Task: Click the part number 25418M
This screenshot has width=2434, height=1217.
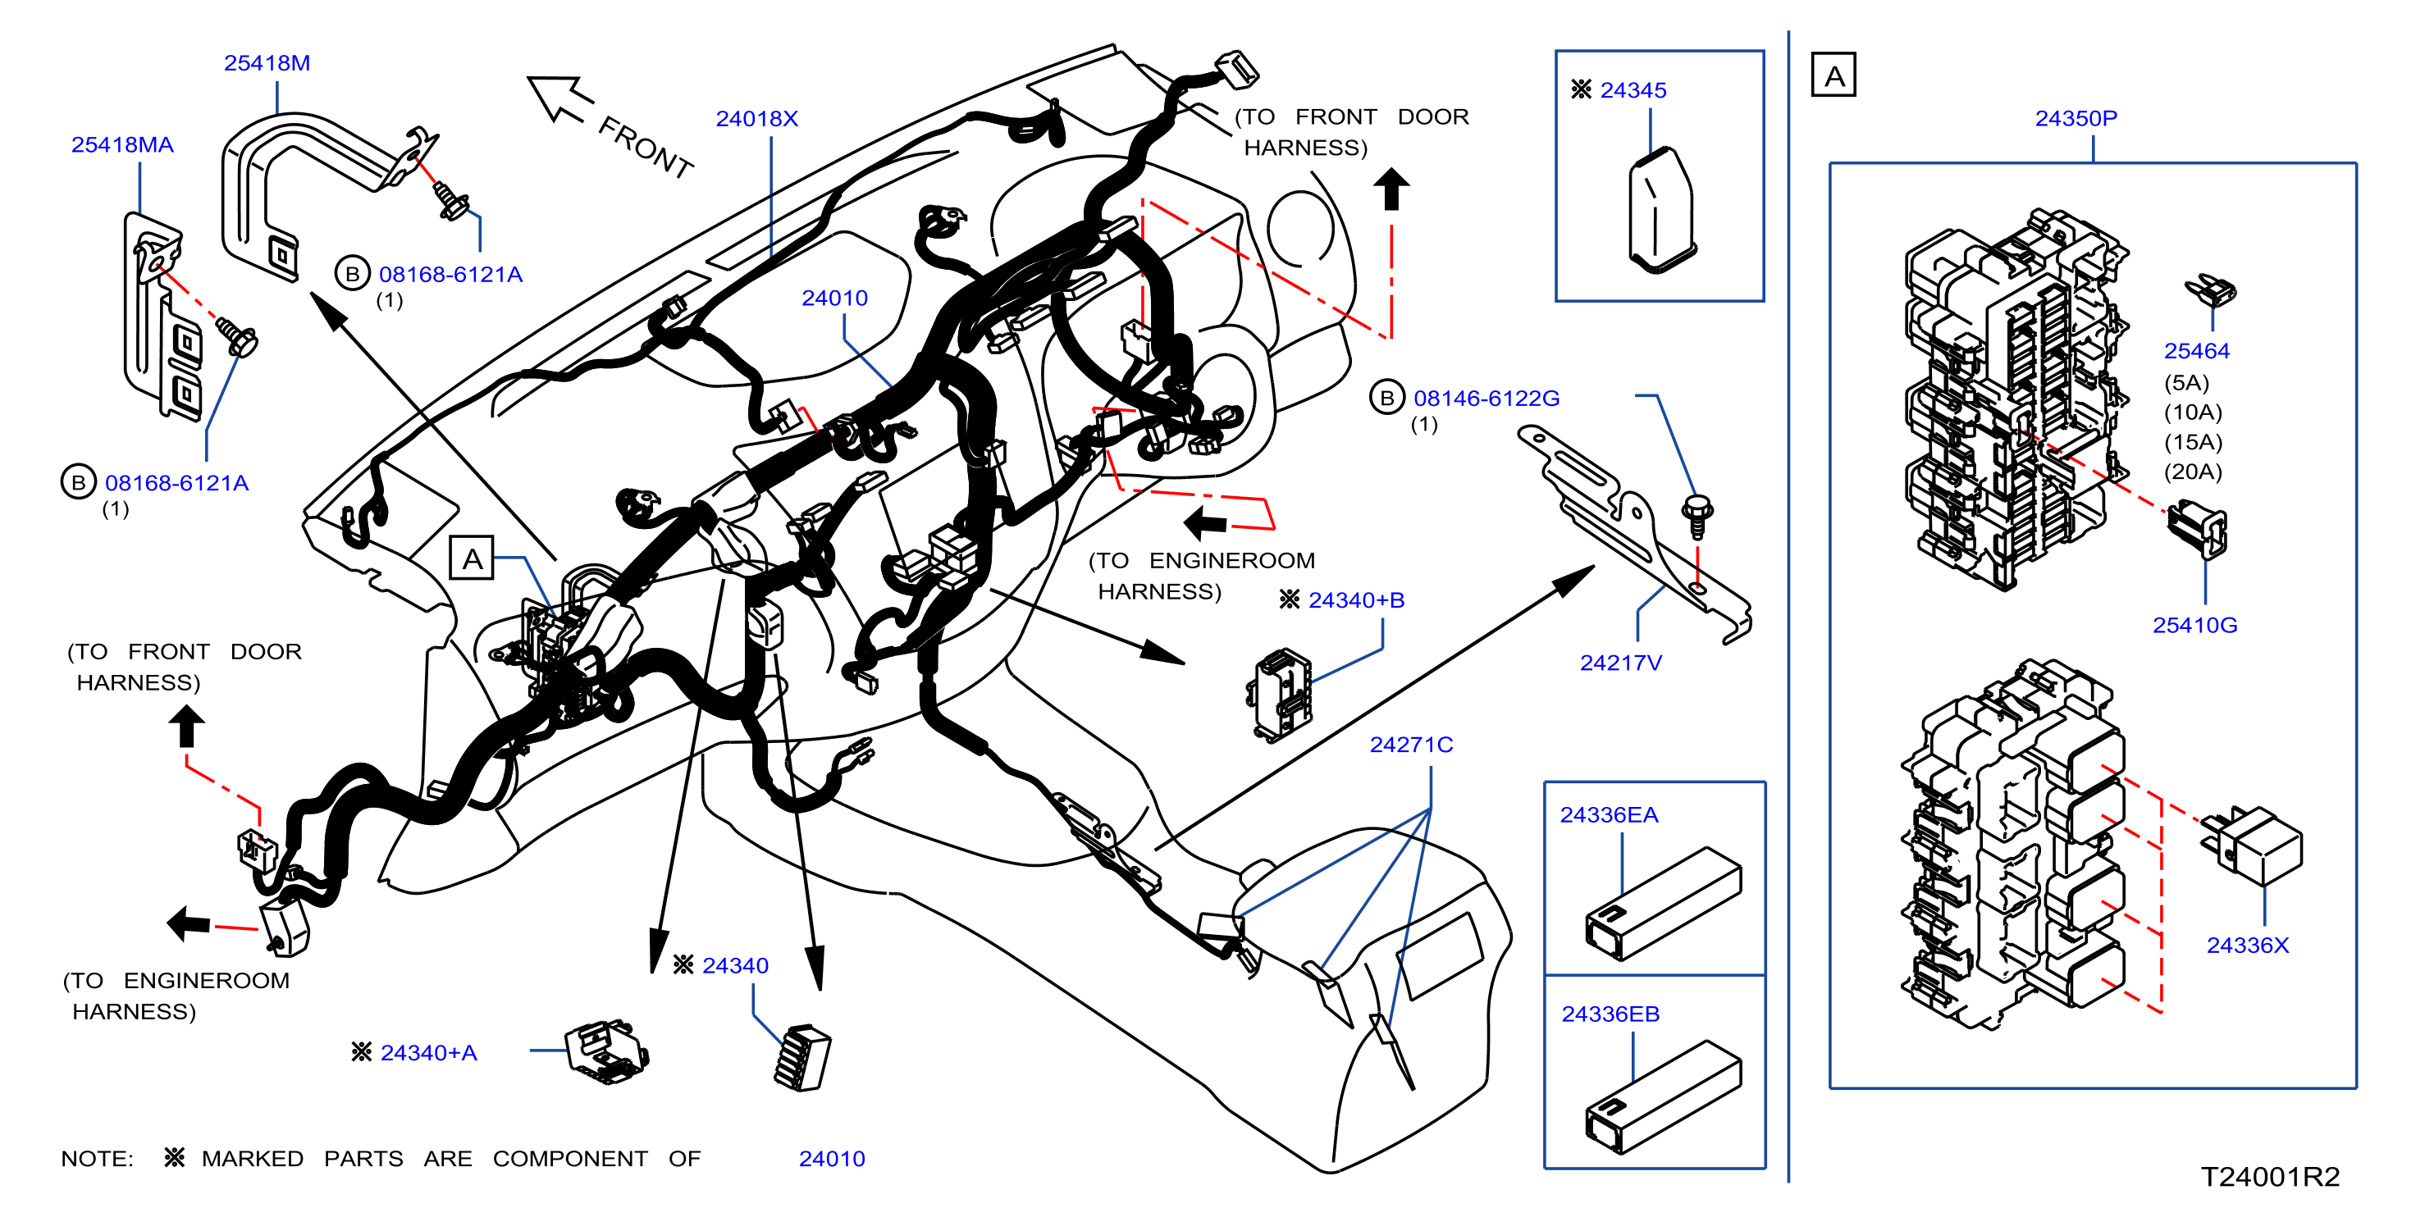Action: (267, 63)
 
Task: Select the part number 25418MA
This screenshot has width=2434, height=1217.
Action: (122, 144)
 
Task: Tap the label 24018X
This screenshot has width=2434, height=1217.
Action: (757, 119)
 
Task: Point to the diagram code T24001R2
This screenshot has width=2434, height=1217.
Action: (2270, 1176)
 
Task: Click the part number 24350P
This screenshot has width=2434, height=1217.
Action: (2076, 119)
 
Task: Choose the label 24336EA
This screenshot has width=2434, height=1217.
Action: (1609, 814)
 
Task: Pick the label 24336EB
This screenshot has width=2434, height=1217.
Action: (1610, 1014)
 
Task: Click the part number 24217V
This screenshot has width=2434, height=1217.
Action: (1620, 663)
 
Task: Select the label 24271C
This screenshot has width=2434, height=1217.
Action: (1412, 745)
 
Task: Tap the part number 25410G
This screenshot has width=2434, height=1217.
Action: (2195, 626)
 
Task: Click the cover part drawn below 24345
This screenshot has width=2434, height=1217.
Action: (1660, 211)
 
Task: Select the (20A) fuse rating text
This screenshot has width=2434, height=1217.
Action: (2193, 472)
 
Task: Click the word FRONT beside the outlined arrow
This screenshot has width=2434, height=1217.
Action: (646, 148)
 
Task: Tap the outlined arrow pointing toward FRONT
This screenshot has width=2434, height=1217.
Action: (560, 98)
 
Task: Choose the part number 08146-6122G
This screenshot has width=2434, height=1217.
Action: (1486, 399)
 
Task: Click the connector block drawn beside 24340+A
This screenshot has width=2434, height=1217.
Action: (606, 1051)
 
